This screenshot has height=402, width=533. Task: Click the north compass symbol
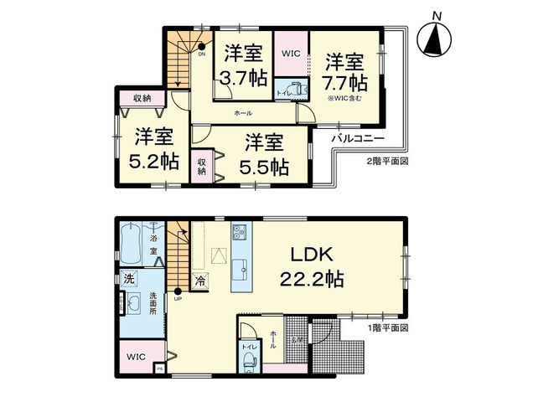pos(435,39)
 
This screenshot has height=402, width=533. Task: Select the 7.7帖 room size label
pos(344,72)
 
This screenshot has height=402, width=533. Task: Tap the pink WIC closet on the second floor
pos(290,53)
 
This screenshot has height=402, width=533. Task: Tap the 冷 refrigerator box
pos(200,281)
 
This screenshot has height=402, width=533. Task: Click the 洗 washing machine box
pos(130,277)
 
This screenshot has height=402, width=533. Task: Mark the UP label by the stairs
pos(178,299)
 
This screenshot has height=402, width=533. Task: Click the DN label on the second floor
pos(201,54)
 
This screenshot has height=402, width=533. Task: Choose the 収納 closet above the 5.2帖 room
pos(142,98)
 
